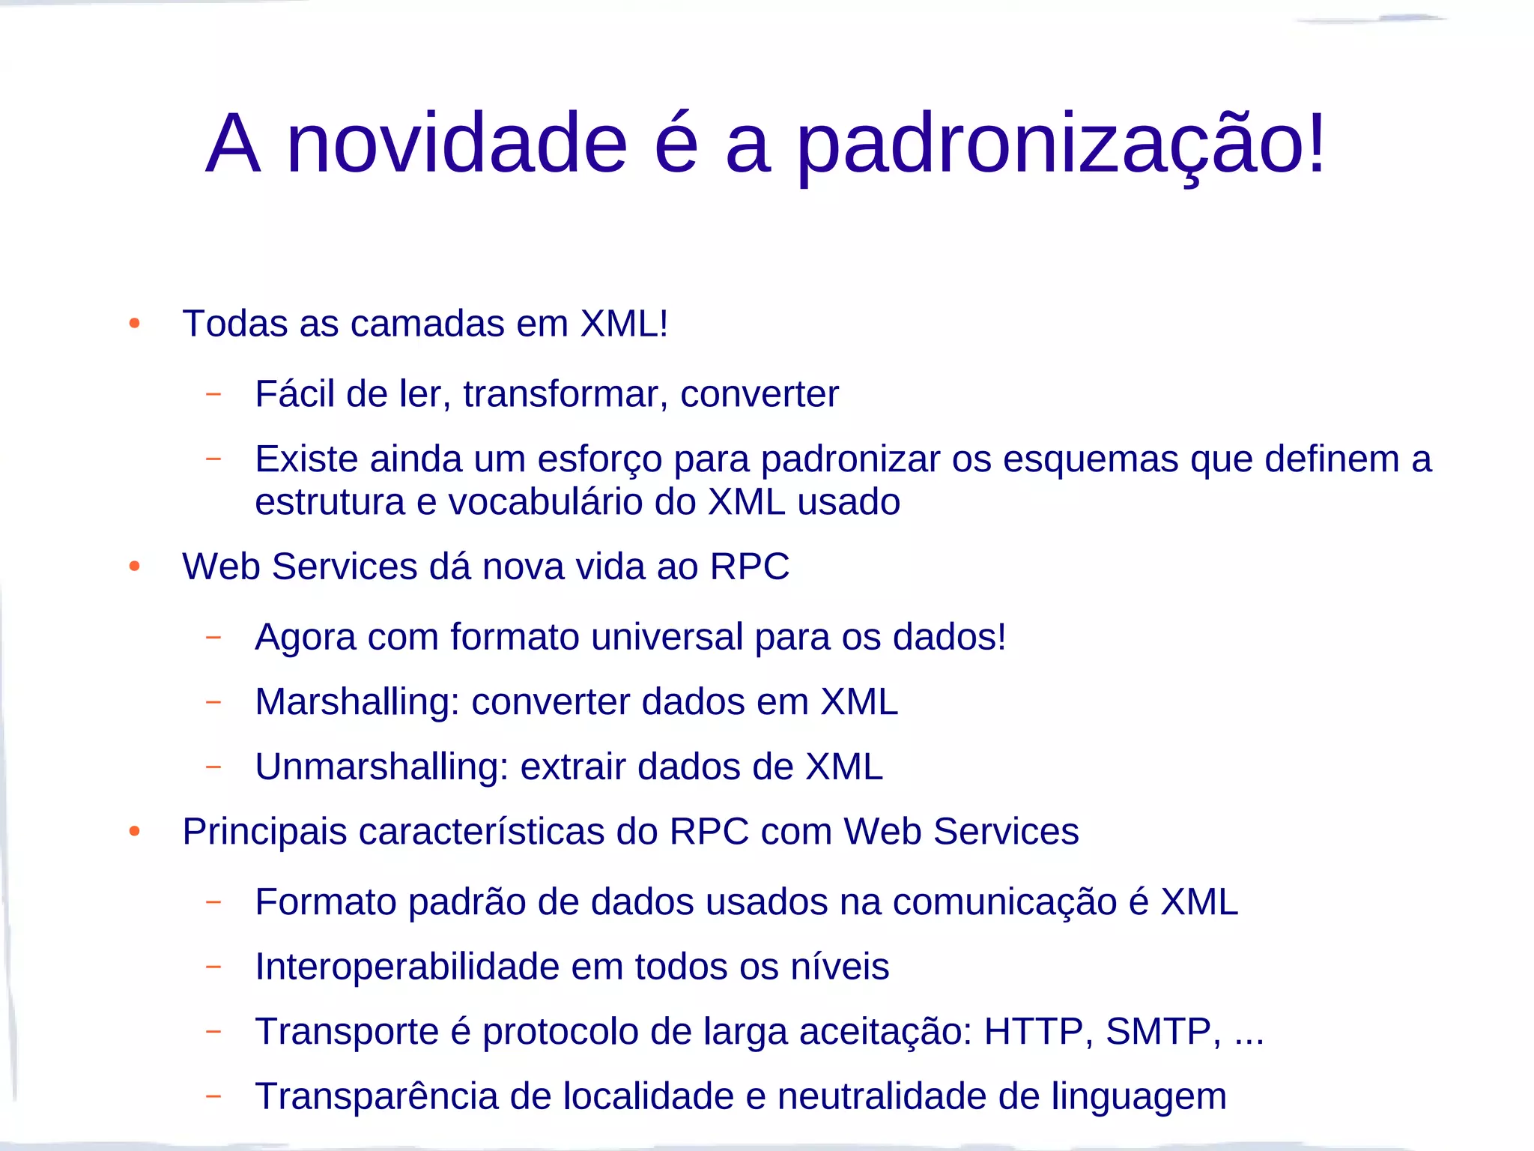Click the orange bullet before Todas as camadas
click(135, 324)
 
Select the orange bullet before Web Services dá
click(135, 567)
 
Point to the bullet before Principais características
click(135, 831)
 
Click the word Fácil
click(294, 393)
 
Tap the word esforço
click(599, 459)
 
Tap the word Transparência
click(377, 1096)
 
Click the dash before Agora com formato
click(213, 637)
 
